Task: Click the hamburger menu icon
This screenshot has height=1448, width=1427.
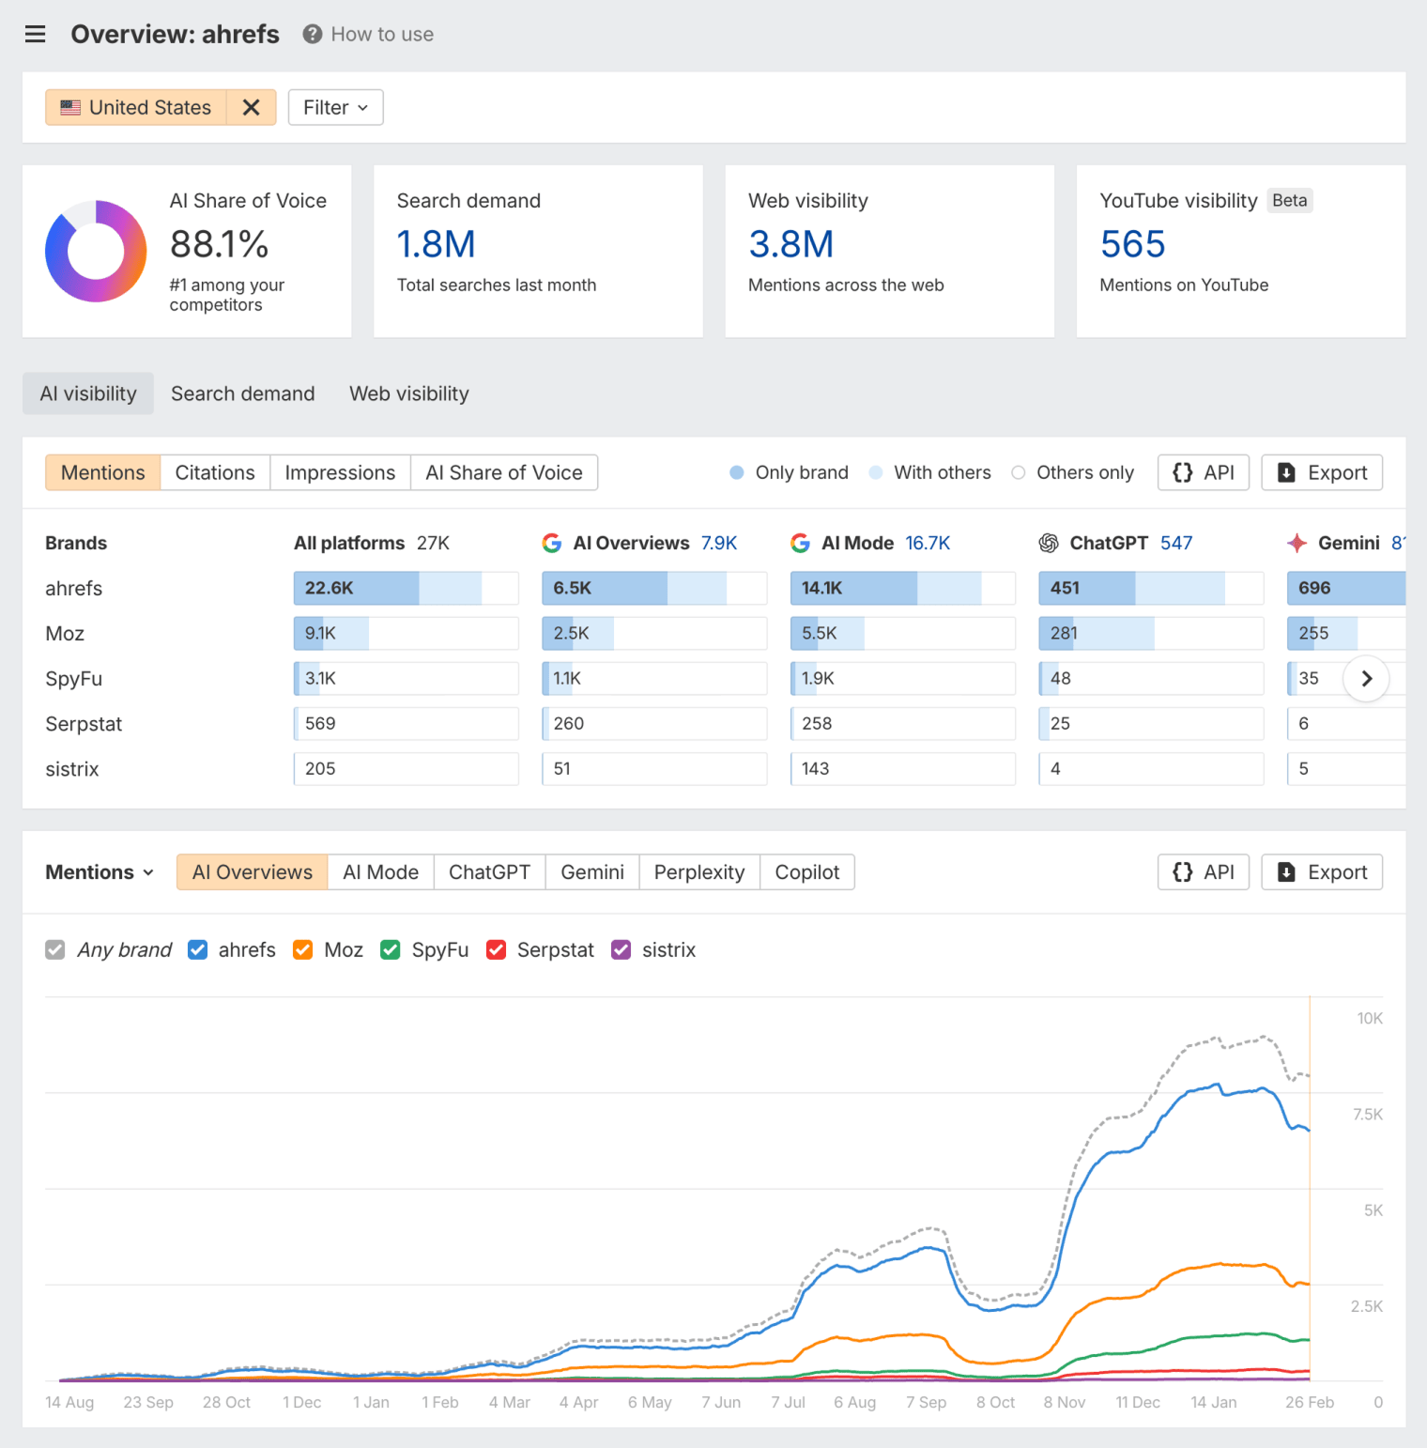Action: click(x=35, y=35)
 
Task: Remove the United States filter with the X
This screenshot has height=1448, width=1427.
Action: click(x=251, y=107)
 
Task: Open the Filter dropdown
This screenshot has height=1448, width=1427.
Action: click(x=335, y=107)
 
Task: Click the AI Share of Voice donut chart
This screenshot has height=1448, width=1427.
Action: click(x=96, y=252)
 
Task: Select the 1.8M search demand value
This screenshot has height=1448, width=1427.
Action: click(x=436, y=244)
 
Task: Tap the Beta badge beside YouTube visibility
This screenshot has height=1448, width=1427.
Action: click(x=1289, y=200)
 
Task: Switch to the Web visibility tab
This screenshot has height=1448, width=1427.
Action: click(x=408, y=393)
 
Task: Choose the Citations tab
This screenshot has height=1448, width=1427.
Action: click(x=215, y=472)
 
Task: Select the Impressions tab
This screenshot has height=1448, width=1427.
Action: click(x=340, y=472)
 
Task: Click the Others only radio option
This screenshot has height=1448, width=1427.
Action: click(x=1019, y=472)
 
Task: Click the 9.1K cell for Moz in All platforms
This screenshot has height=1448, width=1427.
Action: click(x=406, y=633)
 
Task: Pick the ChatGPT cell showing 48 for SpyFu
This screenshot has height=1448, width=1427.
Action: click(x=1150, y=678)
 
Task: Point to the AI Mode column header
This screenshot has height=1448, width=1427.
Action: click(x=857, y=543)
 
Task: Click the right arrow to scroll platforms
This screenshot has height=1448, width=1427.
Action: click(x=1366, y=678)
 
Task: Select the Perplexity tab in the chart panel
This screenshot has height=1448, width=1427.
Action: click(x=698, y=872)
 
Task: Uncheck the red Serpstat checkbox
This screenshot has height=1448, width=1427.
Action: click(x=497, y=950)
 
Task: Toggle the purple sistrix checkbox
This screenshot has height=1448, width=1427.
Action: click(x=621, y=950)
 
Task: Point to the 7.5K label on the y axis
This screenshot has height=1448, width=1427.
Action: click(x=1367, y=1115)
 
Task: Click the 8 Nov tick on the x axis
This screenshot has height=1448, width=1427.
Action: click(x=1064, y=1402)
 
